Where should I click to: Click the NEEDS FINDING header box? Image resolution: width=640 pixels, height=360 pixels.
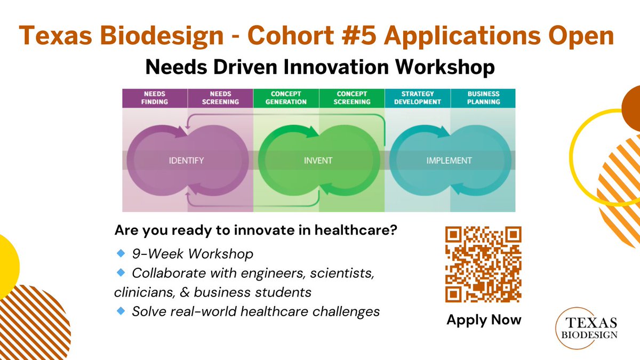coord(155,98)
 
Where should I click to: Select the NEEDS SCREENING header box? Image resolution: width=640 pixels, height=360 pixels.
coord(220,98)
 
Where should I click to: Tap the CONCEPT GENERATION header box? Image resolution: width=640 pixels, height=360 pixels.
coord(286,98)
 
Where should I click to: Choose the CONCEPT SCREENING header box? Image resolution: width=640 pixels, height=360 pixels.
coord(352,98)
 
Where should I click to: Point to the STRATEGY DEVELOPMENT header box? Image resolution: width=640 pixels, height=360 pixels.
coord(418,98)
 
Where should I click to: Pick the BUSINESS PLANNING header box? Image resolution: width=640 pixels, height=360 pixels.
coord(483,98)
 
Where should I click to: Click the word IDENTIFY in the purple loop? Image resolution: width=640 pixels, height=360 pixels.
coord(186,161)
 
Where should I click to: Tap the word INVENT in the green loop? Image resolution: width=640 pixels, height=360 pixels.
coord(318,161)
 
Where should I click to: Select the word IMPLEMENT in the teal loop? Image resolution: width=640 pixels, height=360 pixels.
coord(449,161)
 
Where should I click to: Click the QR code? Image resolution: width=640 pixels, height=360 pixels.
coord(483,265)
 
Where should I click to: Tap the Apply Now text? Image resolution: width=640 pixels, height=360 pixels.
coord(484,319)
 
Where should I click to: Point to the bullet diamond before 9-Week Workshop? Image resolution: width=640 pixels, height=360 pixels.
coord(121,253)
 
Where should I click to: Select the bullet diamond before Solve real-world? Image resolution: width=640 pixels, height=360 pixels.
coord(121,310)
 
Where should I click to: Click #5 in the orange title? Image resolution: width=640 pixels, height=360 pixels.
coord(358,35)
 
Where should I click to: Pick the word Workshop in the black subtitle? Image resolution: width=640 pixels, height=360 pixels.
coord(445,67)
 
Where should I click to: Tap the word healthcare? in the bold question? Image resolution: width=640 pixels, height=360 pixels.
coord(356,230)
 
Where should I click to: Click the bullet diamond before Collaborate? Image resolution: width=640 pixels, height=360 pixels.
coord(121,273)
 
